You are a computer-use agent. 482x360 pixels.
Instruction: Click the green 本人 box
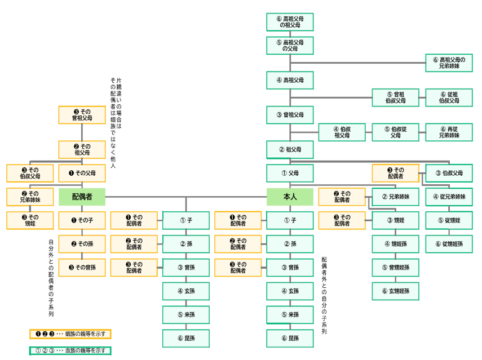coord(290,197)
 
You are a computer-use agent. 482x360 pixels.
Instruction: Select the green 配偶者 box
coord(82,197)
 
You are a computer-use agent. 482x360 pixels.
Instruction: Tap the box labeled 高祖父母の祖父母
coord(290,22)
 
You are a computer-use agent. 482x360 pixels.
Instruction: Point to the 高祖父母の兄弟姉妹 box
coord(449,63)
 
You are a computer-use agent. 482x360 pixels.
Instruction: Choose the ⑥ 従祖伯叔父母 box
coord(449,97)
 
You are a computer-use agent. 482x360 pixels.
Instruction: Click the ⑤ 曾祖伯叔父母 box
coord(395,97)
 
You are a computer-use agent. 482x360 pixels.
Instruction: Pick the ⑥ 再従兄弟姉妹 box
coord(449,132)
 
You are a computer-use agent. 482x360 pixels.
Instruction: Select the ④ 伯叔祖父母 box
coord(342,132)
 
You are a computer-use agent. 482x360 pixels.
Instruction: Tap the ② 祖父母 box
coord(290,150)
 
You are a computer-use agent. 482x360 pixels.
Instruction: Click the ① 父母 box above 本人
coord(290,173)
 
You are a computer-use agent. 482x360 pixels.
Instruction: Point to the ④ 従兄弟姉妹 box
coord(449,197)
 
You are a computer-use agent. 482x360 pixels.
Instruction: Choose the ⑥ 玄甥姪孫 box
coord(395,291)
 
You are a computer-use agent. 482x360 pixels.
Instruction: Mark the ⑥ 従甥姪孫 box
coord(449,243)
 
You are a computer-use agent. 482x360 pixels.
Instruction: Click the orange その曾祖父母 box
coord(82,115)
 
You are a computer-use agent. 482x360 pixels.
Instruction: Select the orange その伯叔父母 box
coord(29,173)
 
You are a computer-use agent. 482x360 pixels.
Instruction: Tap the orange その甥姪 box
coord(29,220)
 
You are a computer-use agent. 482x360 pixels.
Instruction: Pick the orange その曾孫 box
coord(82,267)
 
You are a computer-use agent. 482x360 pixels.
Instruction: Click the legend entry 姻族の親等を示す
coord(70,334)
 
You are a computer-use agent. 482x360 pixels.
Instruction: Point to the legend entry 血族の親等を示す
coord(70,350)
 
